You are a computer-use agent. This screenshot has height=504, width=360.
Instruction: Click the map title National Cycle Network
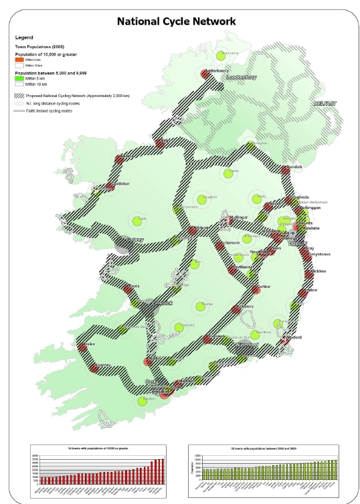(x=176, y=21)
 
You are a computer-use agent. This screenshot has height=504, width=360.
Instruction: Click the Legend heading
(x=24, y=37)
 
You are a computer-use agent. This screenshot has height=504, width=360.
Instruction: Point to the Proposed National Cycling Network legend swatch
(x=19, y=96)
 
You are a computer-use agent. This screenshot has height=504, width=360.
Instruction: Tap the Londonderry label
(x=241, y=77)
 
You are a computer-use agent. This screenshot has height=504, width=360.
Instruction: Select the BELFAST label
(x=327, y=104)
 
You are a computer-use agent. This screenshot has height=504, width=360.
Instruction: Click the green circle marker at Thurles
(x=200, y=307)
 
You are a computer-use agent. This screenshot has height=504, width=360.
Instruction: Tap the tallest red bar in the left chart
(x=163, y=471)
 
